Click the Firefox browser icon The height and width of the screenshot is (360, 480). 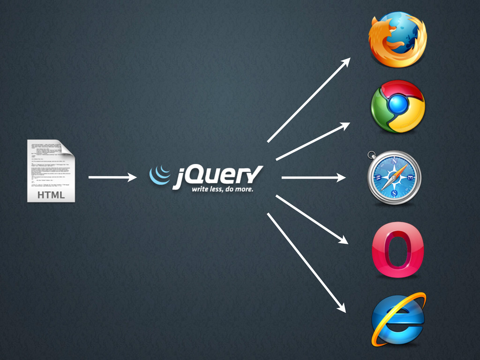[397, 39]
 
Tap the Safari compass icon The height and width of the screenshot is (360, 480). [394, 177]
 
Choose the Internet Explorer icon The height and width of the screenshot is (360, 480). [397, 320]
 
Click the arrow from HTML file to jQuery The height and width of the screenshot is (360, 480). [112, 177]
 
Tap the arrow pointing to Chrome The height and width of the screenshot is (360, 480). [313, 141]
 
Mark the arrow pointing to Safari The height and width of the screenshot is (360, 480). [313, 178]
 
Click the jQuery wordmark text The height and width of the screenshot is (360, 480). [218, 176]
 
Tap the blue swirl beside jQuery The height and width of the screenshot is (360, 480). [159, 175]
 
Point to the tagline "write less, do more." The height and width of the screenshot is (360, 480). [222, 190]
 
